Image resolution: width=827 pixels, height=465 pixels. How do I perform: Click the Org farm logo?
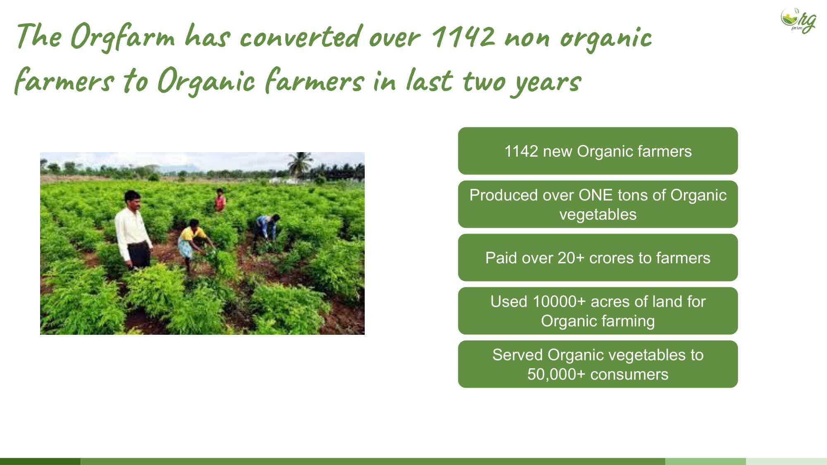pos(798,20)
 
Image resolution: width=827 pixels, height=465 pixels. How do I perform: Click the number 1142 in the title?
pos(463,36)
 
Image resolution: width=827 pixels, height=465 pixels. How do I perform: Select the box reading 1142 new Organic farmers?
pos(598,151)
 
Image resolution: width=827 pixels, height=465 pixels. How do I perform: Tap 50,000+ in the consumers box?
pos(557,374)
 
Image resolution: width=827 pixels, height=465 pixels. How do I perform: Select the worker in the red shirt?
pos(220,200)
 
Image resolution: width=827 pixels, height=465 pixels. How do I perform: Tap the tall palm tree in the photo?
pos(300,165)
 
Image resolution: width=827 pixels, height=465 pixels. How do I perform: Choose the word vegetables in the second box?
pos(598,215)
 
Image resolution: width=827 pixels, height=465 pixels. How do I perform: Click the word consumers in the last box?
pos(629,374)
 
